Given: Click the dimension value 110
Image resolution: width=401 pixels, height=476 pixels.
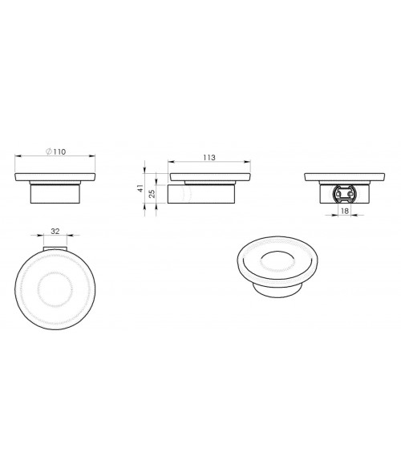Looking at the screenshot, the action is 59,151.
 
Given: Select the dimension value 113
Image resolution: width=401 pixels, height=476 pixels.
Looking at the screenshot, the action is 209,158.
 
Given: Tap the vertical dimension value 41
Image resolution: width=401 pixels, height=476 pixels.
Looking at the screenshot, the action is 140,188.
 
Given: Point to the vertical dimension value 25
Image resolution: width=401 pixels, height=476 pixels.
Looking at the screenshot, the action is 152,194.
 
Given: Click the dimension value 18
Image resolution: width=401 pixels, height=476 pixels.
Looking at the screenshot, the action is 345,211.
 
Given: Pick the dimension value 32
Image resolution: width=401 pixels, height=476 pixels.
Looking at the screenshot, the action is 55,232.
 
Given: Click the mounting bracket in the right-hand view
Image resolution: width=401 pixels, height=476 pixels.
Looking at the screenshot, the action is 345,194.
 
